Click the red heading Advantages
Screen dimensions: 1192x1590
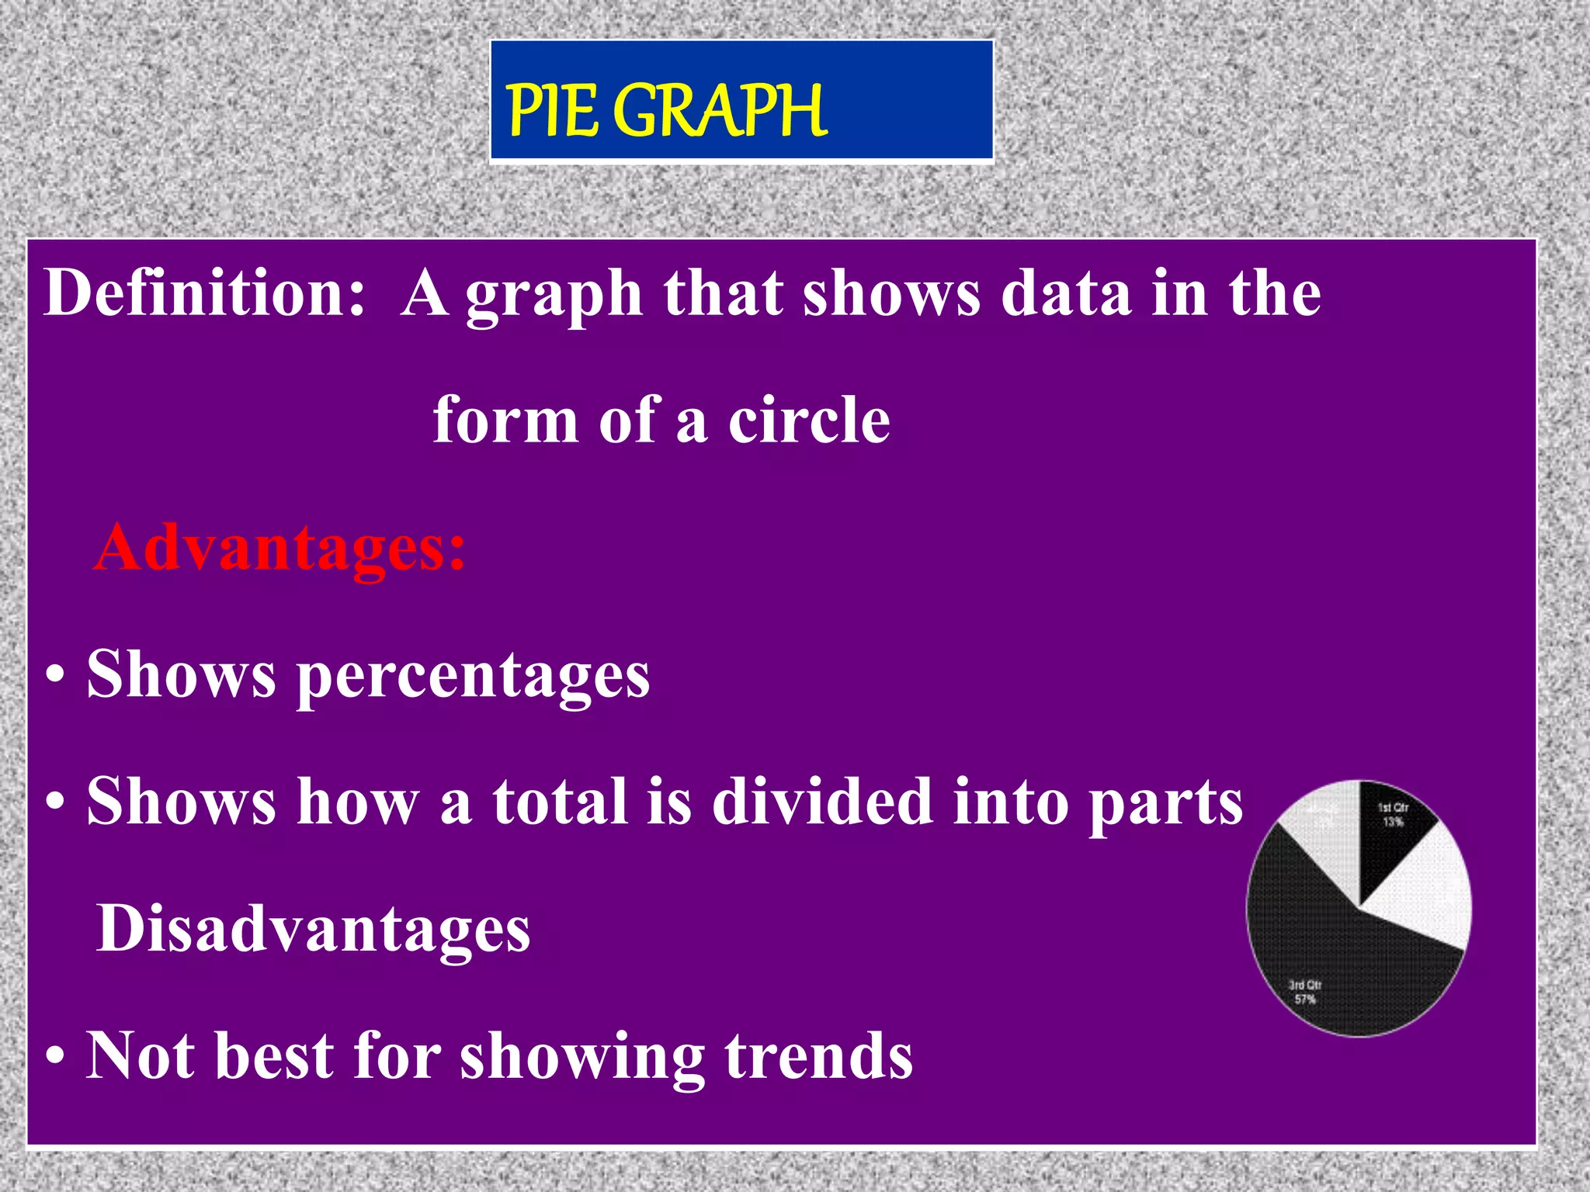point(279,548)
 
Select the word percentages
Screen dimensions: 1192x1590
point(474,675)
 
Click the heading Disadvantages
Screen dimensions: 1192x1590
point(313,929)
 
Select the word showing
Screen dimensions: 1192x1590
point(582,1057)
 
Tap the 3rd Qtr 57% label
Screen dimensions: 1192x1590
point(1305,992)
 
